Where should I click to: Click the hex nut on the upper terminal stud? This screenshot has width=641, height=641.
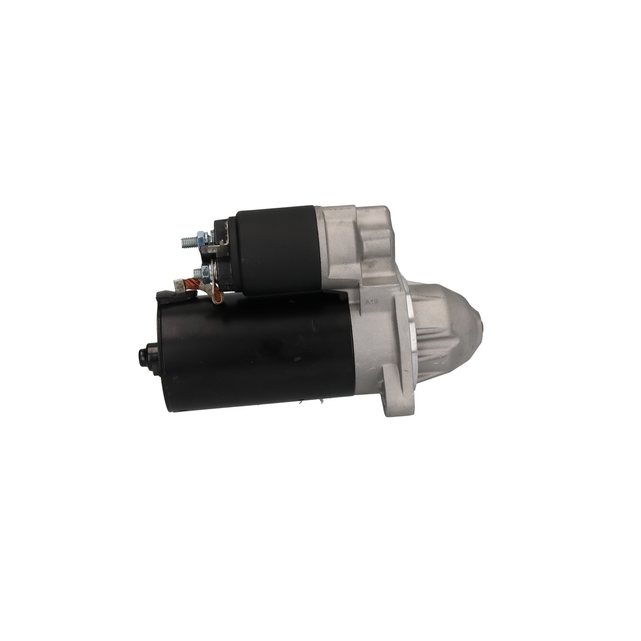point(201,238)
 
